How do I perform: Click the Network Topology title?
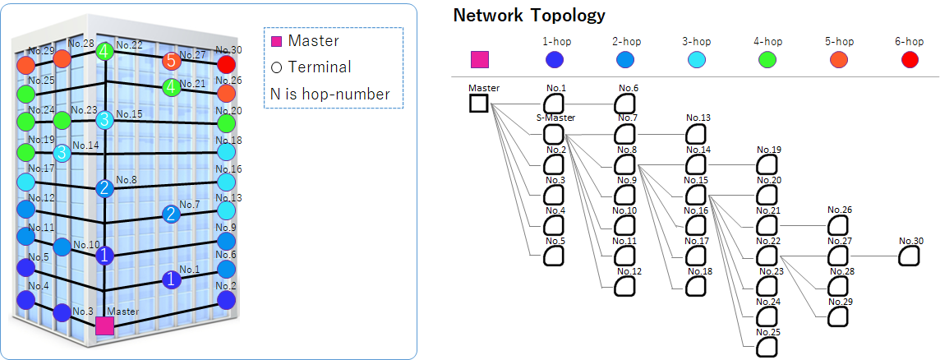click(529, 15)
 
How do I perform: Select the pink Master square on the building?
click(104, 325)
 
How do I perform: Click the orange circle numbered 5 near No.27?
click(170, 60)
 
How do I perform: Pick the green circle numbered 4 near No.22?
click(104, 53)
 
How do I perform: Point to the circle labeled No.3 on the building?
click(62, 312)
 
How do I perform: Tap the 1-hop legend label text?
click(556, 41)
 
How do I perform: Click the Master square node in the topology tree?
click(478, 104)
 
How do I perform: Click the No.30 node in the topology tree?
click(908, 256)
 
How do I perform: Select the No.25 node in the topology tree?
click(766, 347)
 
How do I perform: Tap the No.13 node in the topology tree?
click(696, 133)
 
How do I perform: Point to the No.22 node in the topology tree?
click(766, 256)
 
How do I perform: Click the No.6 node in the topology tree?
click(626, 104)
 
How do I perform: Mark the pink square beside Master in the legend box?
click(277, 41)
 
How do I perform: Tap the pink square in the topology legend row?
click(479, 59)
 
